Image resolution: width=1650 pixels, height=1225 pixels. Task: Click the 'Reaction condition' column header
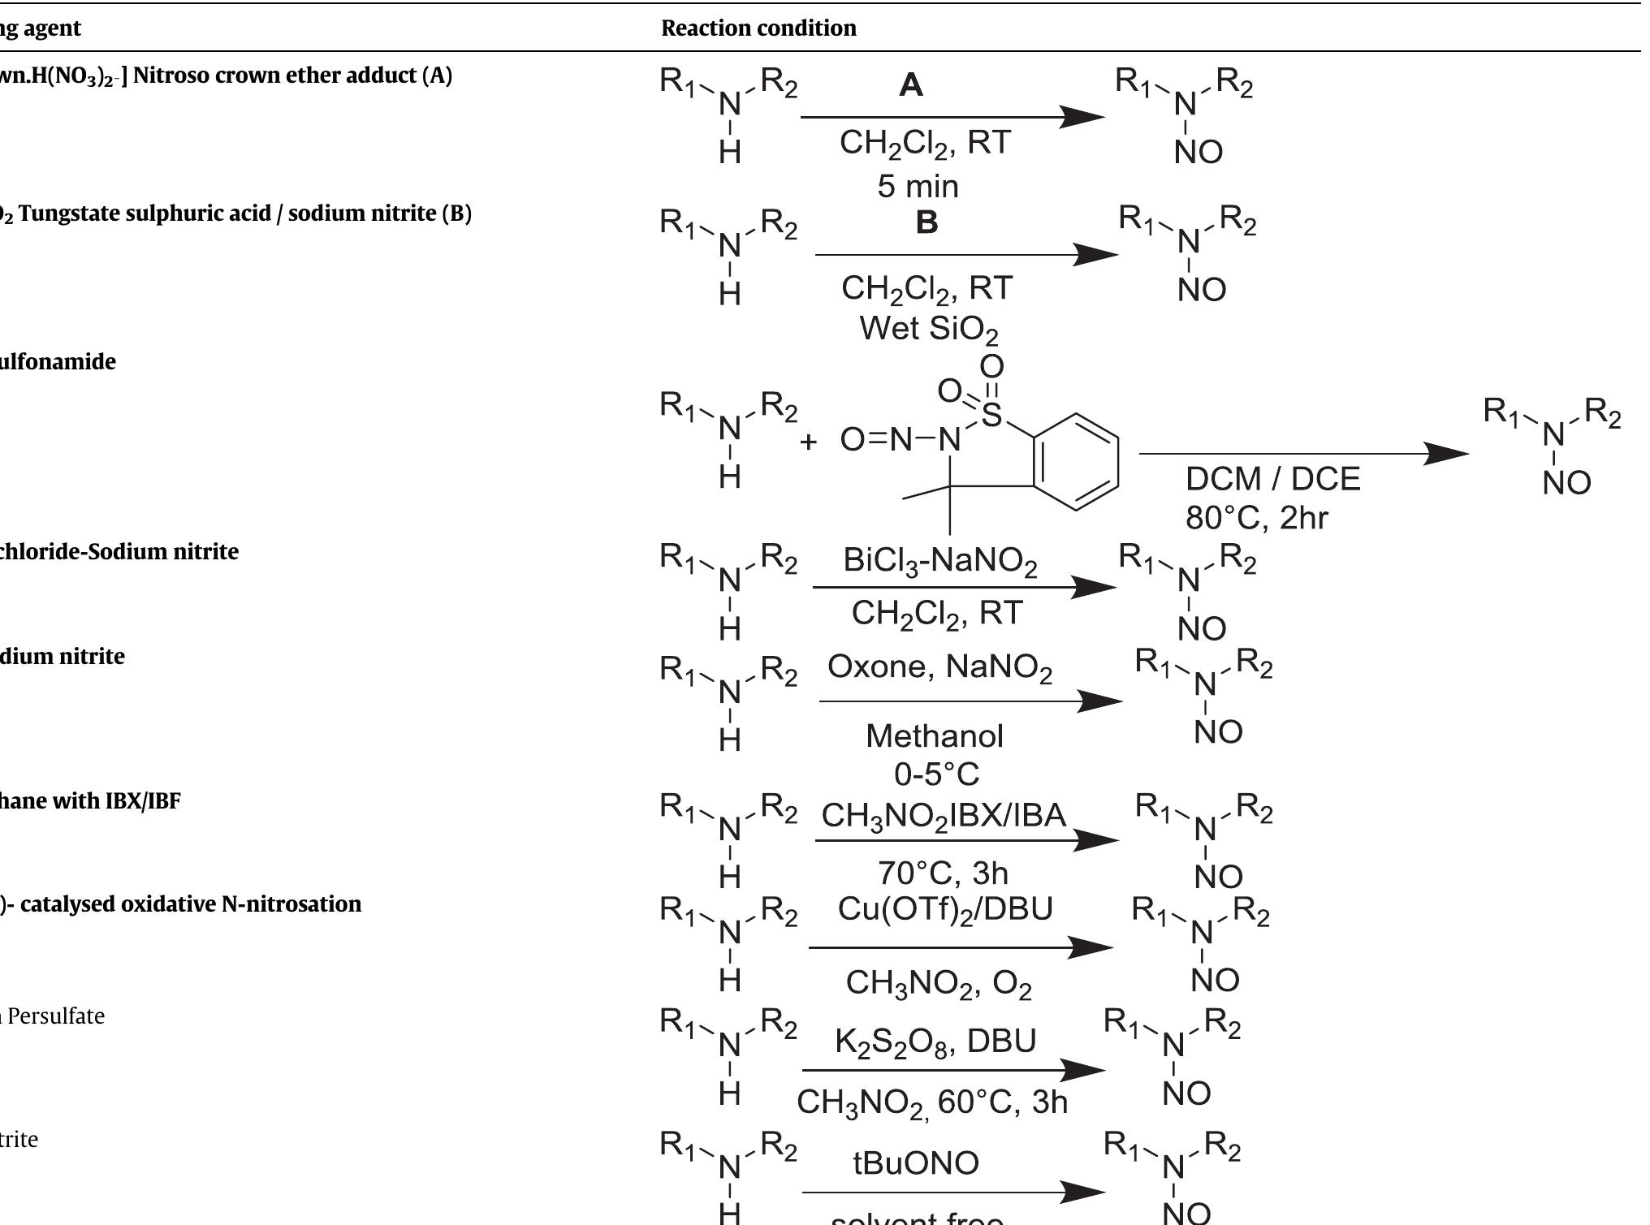(758, 28)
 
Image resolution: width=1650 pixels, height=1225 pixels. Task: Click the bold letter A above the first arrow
(911, 85)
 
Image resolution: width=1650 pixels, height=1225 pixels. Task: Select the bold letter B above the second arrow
(927, 222)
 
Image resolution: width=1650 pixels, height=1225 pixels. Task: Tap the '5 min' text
(918, 187)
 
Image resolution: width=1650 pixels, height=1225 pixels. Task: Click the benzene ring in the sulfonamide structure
(1076, 462)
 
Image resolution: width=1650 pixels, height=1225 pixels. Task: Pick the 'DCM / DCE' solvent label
(1272, 479)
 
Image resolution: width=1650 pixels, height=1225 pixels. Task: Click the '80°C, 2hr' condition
(1256, 518)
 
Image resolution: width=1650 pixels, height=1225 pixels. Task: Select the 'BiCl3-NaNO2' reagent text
(939, 561)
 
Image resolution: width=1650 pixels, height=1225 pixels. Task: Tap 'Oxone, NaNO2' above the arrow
(939, 667)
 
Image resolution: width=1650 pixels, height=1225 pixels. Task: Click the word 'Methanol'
(935, 736)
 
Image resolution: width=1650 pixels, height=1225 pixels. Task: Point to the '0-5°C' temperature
(936, 774)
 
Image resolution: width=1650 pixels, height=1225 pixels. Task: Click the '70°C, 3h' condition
(943, 873)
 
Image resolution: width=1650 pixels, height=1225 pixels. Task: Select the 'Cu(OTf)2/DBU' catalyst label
(944, 909)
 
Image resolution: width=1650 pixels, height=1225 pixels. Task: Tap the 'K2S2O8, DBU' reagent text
(935, 1042)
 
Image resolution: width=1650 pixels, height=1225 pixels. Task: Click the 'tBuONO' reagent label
(916, 1163)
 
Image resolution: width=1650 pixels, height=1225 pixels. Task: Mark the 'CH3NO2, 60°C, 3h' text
(931, 1102)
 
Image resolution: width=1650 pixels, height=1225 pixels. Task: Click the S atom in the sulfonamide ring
(991, 415)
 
